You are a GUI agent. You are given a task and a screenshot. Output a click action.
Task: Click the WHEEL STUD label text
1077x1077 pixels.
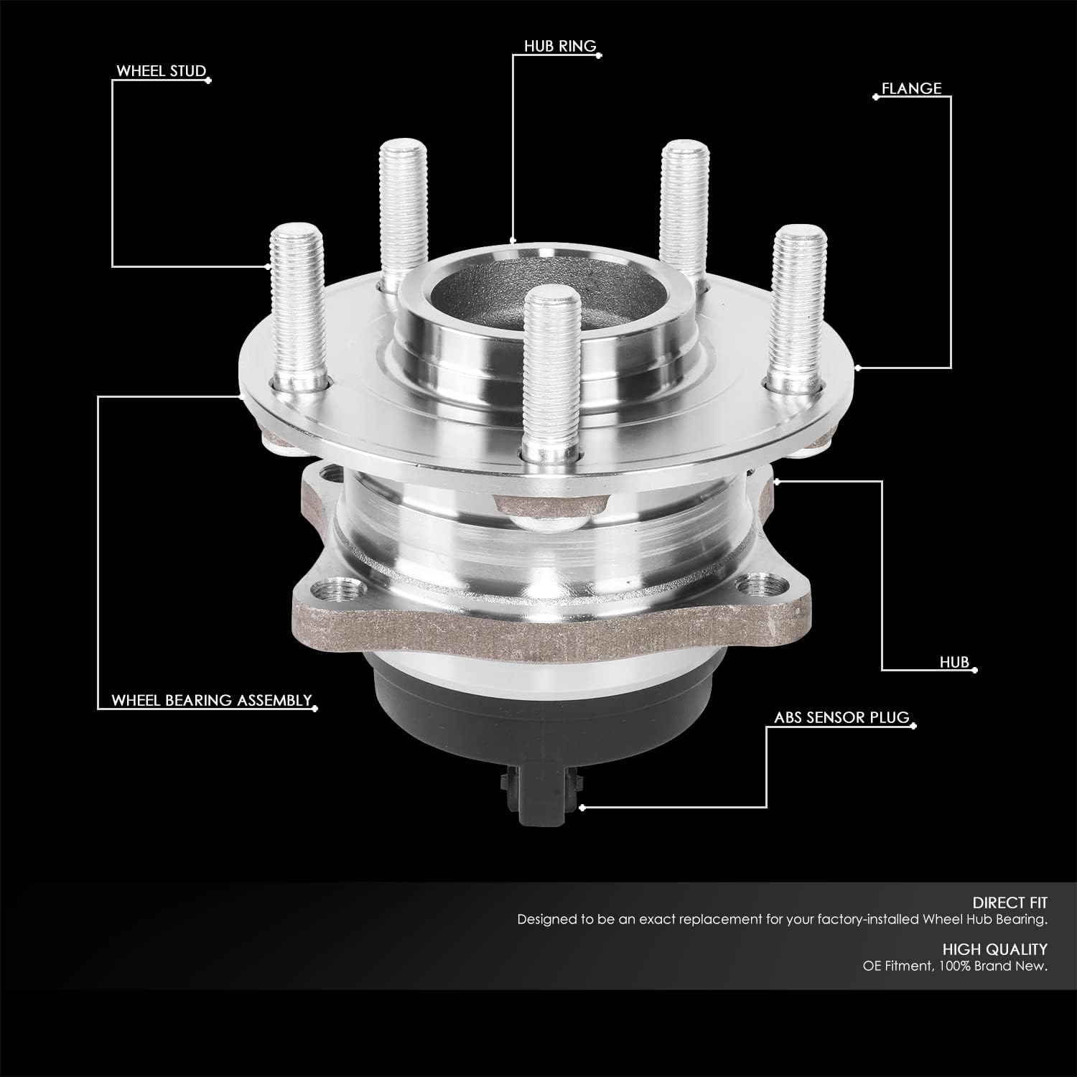pos(161,72)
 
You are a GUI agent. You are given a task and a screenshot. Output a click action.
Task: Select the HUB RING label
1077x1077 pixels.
pos(560,47)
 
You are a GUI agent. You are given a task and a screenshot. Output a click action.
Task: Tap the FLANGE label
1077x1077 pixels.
pos(911,89)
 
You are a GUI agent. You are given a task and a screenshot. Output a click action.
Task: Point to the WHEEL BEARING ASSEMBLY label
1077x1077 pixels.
pos(211,701)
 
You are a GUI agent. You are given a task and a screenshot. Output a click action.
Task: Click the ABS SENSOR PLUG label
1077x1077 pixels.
pos(841,717)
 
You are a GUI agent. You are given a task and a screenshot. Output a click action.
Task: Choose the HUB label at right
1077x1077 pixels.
pos(954,662)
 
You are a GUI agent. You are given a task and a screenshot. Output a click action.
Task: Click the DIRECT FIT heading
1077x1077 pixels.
pos(1010,903)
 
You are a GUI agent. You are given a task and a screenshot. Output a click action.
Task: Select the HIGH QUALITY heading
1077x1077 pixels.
pos(994,949)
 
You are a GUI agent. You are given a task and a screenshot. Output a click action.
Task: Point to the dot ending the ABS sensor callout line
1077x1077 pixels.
pos(582,808)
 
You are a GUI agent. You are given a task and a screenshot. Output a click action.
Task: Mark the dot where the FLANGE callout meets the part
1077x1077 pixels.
pos(857,368)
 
